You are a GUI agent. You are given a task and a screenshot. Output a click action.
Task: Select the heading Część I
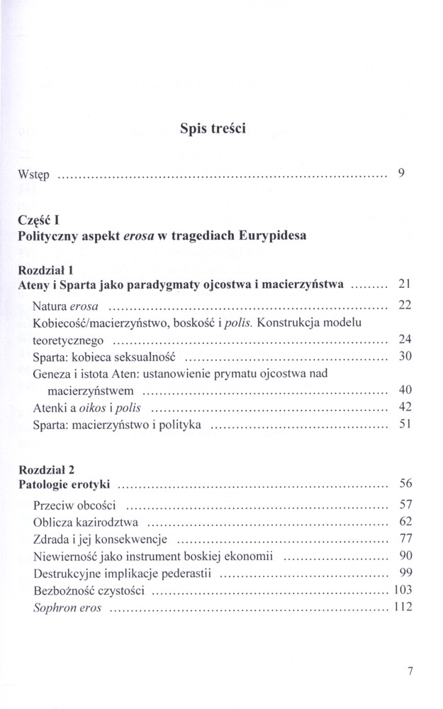click(x=38, y=221)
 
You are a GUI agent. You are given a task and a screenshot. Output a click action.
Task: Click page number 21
click(x=405, y=284)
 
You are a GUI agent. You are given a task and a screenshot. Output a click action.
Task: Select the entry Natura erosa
click(x=65, y=306)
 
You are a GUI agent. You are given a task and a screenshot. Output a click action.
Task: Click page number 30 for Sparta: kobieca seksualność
click(x=405, y=357)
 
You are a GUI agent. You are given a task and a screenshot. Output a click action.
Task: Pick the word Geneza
click(x=51, y=373)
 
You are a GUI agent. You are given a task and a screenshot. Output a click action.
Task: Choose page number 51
click(x=405, y=425)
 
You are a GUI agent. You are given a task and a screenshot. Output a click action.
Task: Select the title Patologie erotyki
click(x=64, y=485)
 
